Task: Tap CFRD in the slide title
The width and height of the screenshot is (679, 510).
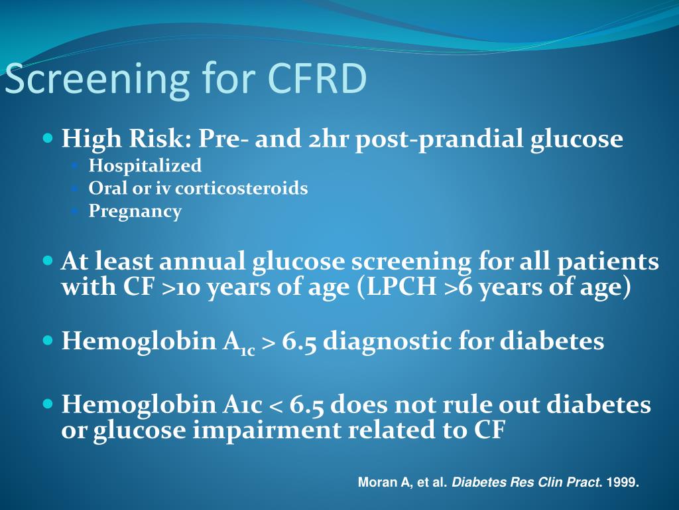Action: coord(317,78)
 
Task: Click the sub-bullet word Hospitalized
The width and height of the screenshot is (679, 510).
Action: coord(145,165)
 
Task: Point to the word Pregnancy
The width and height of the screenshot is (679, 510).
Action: coord(135,212)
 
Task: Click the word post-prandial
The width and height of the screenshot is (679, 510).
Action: coord(440,139)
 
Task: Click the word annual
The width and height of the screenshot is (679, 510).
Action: coord(203,262)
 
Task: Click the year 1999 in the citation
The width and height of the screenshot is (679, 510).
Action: coord(625,483)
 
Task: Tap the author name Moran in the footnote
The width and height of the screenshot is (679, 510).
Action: coord(375,483)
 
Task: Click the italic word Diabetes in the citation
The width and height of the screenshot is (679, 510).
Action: coord(477,483)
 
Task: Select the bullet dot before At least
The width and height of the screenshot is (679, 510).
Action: coord(47,261)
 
